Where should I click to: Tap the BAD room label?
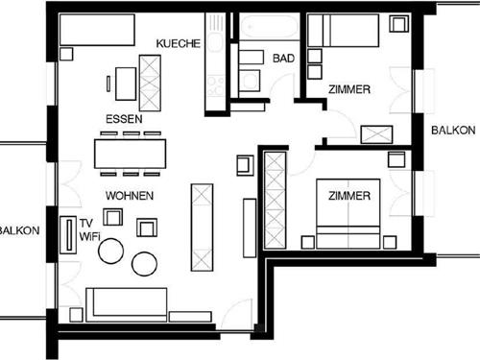coord(283,59)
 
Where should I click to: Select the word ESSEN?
coord(124,118)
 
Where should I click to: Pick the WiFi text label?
coord(89,235)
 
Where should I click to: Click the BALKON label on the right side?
coord(451,130)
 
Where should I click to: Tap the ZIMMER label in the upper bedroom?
coord(349,89)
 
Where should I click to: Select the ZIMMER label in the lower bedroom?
coord(349,196)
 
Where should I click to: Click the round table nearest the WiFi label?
coord(111,251)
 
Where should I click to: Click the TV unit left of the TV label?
coord(69,234)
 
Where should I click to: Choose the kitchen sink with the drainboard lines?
coord(216,40)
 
